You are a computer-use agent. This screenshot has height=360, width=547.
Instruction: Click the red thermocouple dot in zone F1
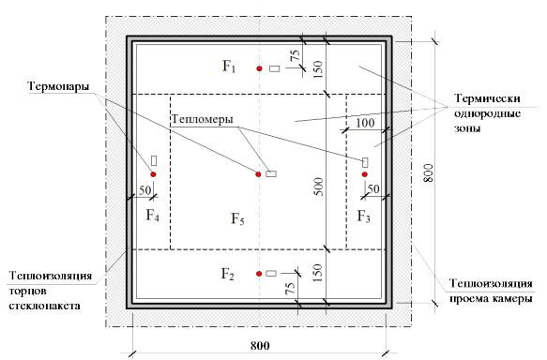point(259,68)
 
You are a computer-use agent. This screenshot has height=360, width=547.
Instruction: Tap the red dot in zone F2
point(259,274)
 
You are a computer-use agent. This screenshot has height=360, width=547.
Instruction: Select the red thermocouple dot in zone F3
point(365,174)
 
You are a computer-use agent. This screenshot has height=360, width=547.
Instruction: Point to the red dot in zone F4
point(153,174)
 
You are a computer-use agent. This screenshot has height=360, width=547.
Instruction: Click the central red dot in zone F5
point(258,174)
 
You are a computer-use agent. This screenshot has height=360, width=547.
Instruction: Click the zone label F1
point(229,66)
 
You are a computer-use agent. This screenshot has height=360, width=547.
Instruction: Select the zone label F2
point(228,274)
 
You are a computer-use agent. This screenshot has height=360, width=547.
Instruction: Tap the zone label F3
point(364,217)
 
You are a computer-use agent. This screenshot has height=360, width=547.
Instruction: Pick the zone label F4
point(152,216)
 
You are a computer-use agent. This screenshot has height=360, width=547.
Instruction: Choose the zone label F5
point(237,218)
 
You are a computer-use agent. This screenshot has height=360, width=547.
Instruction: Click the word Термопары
point(58,86)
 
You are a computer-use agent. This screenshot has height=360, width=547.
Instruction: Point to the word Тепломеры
point(202,119)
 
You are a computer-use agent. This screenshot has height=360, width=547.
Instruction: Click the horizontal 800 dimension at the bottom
point(260,346)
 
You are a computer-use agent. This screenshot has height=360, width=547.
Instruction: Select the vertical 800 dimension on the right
point(428,172)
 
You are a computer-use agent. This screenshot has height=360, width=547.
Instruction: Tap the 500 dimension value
point(319,187)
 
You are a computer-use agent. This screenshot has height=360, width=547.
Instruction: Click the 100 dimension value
point(365,123)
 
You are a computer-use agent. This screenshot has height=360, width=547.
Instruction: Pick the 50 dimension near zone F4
point(144,190)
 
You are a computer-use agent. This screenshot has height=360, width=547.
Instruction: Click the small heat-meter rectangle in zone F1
point(275,68)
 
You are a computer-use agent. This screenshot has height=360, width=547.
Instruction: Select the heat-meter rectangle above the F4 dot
point(154,160)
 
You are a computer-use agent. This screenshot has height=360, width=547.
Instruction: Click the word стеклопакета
point(45,306)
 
